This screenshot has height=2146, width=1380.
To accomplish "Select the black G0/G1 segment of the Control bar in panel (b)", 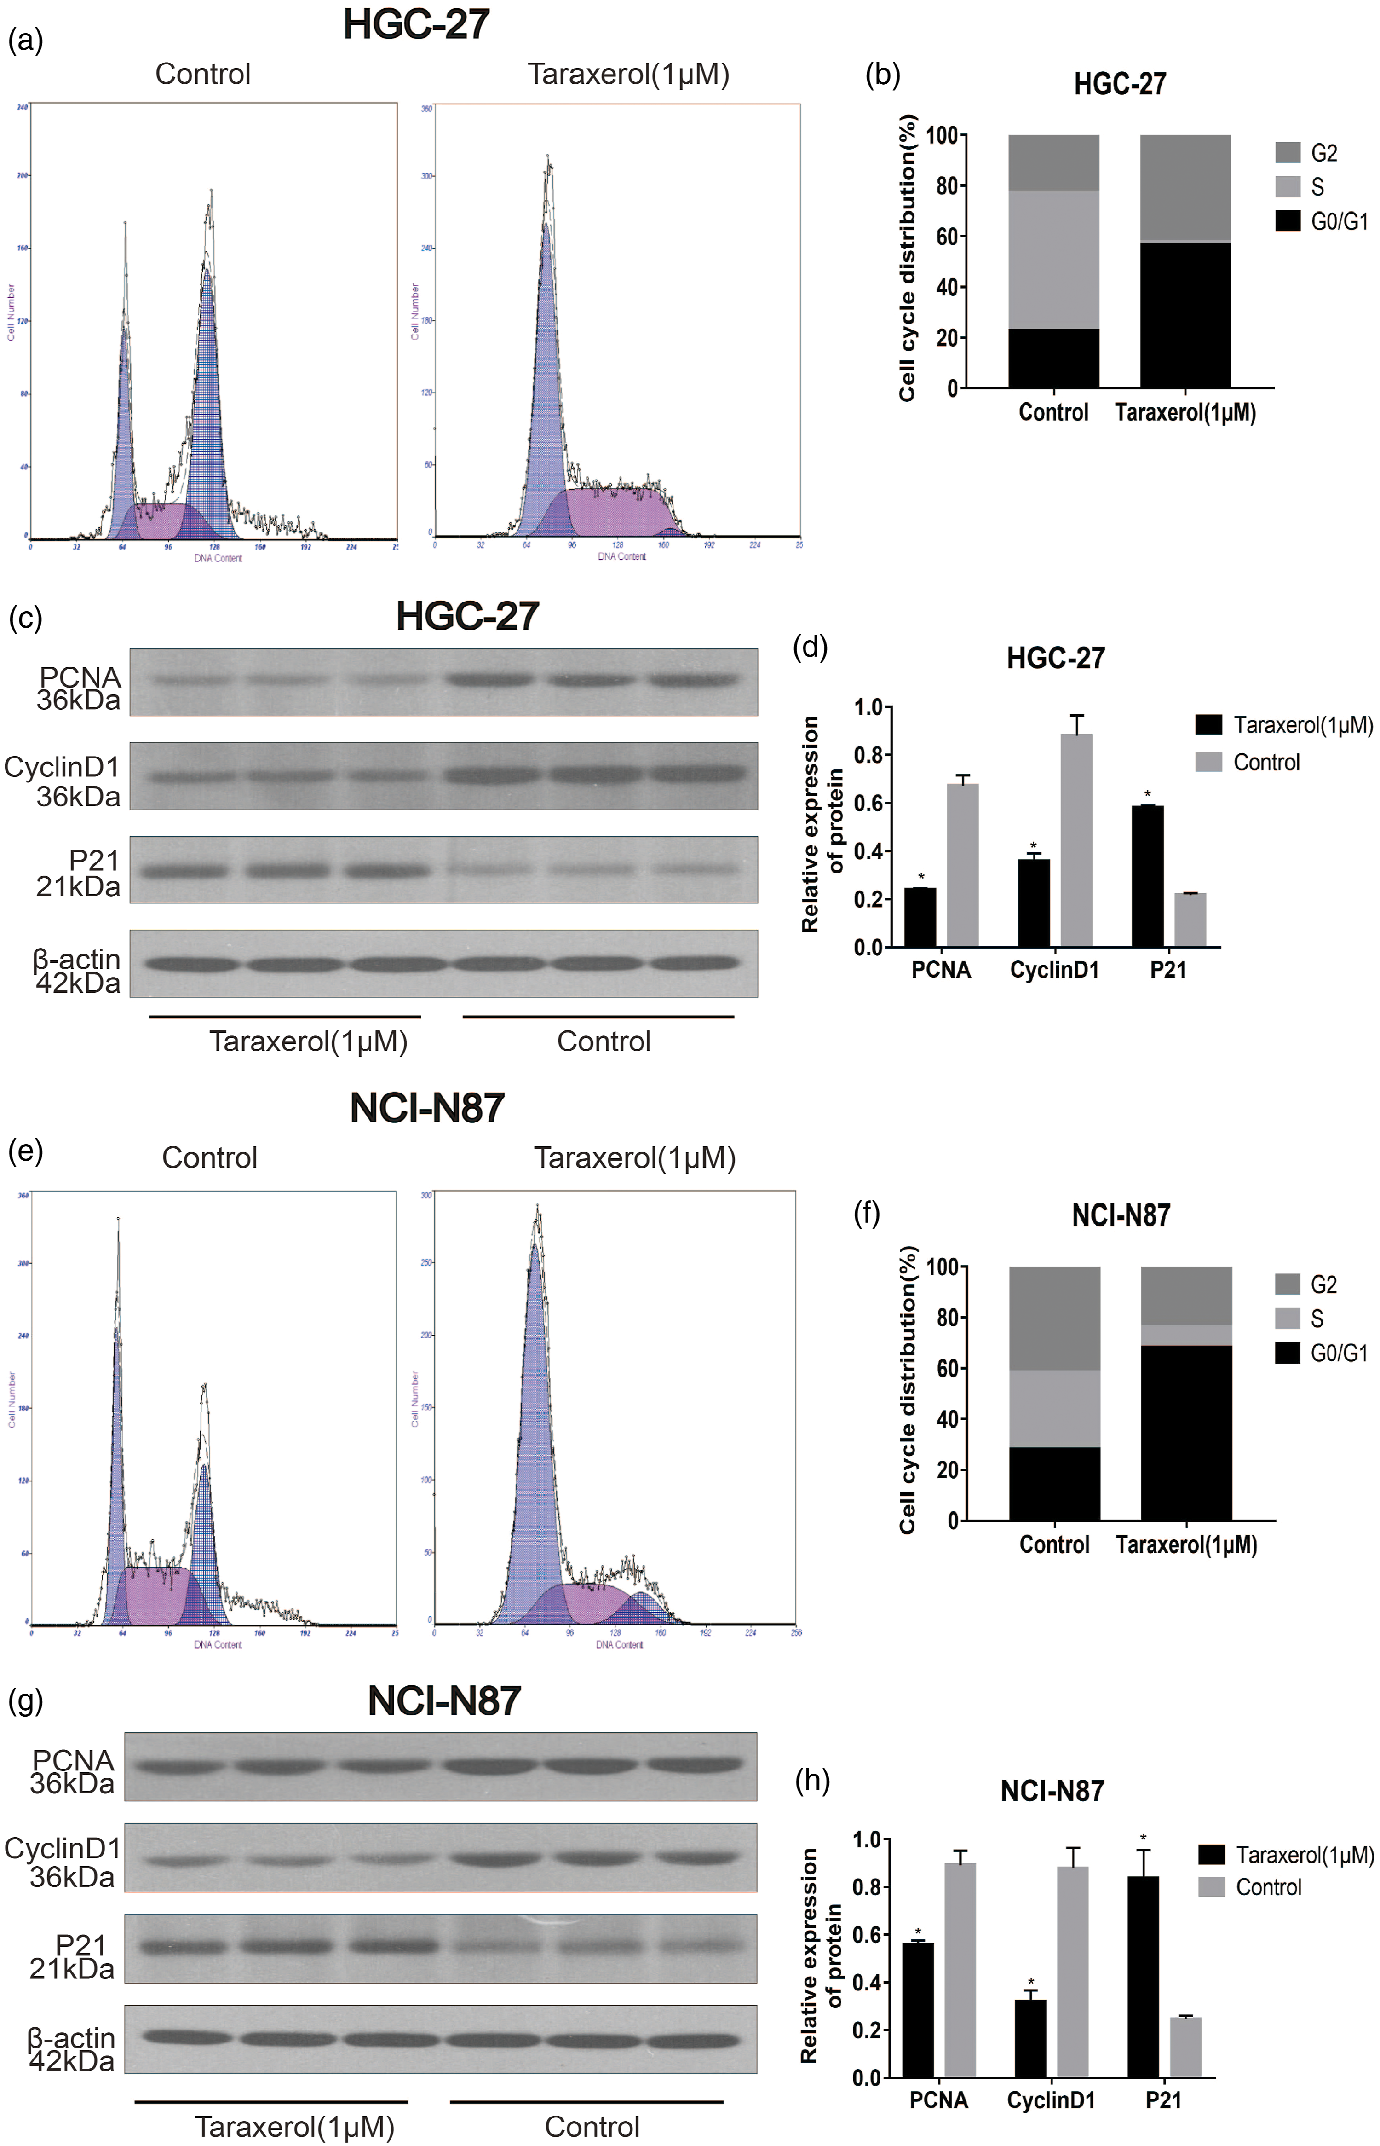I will (x=1053, y=359).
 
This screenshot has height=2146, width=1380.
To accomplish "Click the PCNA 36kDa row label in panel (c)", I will (x=79, y=688).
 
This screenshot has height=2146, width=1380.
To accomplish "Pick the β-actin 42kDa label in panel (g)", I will (x=72, y=2049).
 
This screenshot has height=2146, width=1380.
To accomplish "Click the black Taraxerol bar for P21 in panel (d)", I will (x=1147, y=876).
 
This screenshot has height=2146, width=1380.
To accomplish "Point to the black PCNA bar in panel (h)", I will (x=918, y=2009).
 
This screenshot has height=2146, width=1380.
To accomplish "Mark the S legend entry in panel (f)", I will (x=1316, y=1318).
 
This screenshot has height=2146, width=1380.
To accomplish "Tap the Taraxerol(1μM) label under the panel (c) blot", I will (x=308, y=1041).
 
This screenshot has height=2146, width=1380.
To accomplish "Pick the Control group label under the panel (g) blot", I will (x=592, y=2126).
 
